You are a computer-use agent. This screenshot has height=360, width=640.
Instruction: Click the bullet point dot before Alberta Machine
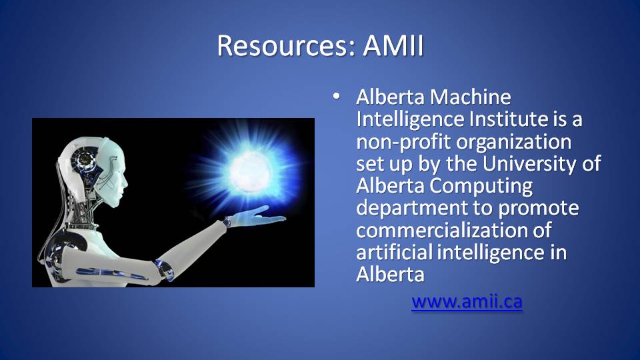click(x=336, y=97)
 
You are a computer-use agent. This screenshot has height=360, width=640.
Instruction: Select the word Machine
click(x=471, y=97)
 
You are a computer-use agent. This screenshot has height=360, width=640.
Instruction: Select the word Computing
click(x=481, y=187)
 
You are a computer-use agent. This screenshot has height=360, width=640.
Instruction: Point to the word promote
click(x=539, y=208)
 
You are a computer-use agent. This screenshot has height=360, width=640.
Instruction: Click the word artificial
click(x=394, y=252)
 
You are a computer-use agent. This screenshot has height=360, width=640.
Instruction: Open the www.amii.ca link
click(x=467, y=301)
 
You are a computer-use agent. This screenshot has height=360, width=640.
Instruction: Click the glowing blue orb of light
click(x=250, y=171)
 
